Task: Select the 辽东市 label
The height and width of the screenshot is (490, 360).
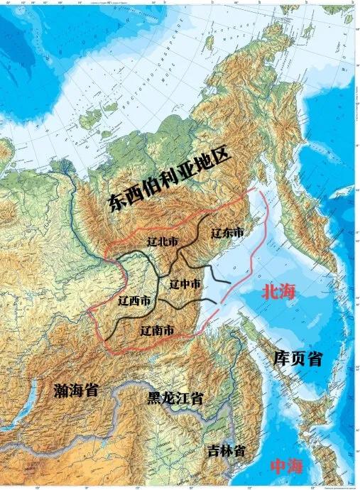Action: click(x=227, y=232)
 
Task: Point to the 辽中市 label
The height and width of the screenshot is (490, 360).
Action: click(x=185, y=283)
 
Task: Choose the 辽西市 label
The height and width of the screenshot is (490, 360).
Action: click(x=135, y=301)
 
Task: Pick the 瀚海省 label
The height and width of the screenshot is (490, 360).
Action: click(x=76, y=390)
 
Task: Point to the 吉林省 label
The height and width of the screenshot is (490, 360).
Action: click(x=227, y=451)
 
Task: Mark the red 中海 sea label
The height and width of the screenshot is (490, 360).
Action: click(x=286, y=467)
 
